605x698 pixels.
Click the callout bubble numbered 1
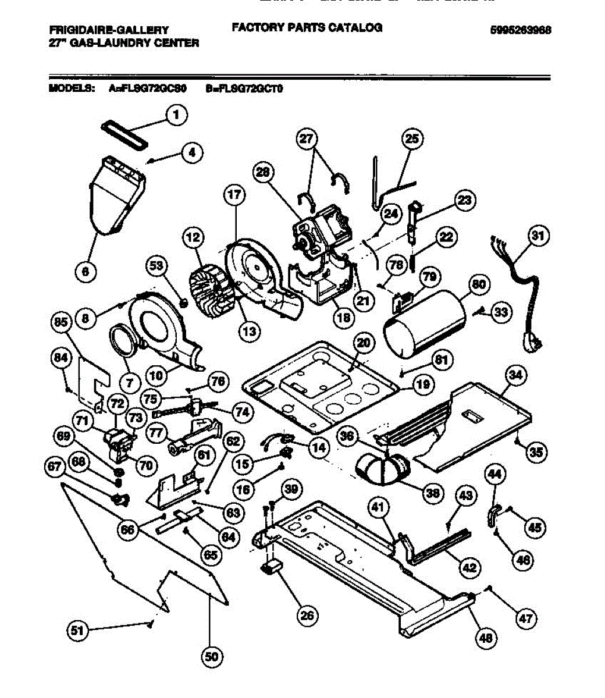pyautogui.click(x=177, y=115)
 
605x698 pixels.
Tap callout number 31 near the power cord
pyautogui.click(x=539, y=236)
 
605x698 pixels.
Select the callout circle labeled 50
pyautogui.click(x=212, y=657)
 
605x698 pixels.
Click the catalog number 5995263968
pyautogui.click(x=521, y=30)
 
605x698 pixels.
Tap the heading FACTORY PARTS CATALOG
pyautogui.click(x=307, y=27)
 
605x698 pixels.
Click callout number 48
pyautogui.click(x=486, y=638)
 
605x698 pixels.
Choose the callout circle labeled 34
pyautogui.click(x=515, y=375)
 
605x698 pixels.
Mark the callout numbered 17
pyautogui.click(x=234, y=196)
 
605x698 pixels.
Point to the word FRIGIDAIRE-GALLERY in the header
pyautogui.click(x=109, y=30)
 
